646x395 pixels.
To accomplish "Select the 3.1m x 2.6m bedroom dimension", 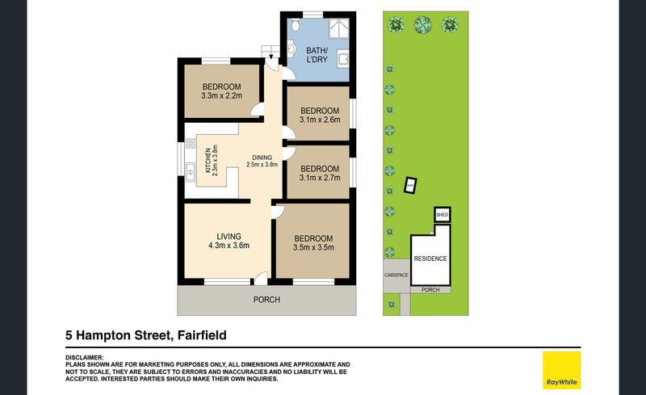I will (x=319, y=120).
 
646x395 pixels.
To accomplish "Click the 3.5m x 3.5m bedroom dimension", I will (x=313, y=248).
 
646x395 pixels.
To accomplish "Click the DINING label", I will (x=262, y=158).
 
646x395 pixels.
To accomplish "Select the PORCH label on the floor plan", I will (x=266, y=300).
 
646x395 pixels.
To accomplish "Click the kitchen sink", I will (x=191, y=171).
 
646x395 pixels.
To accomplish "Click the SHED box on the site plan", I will (x=442, y=215).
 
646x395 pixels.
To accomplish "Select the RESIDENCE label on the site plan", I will (x=430, y=258).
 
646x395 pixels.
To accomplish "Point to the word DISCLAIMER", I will (x=84, y=356).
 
